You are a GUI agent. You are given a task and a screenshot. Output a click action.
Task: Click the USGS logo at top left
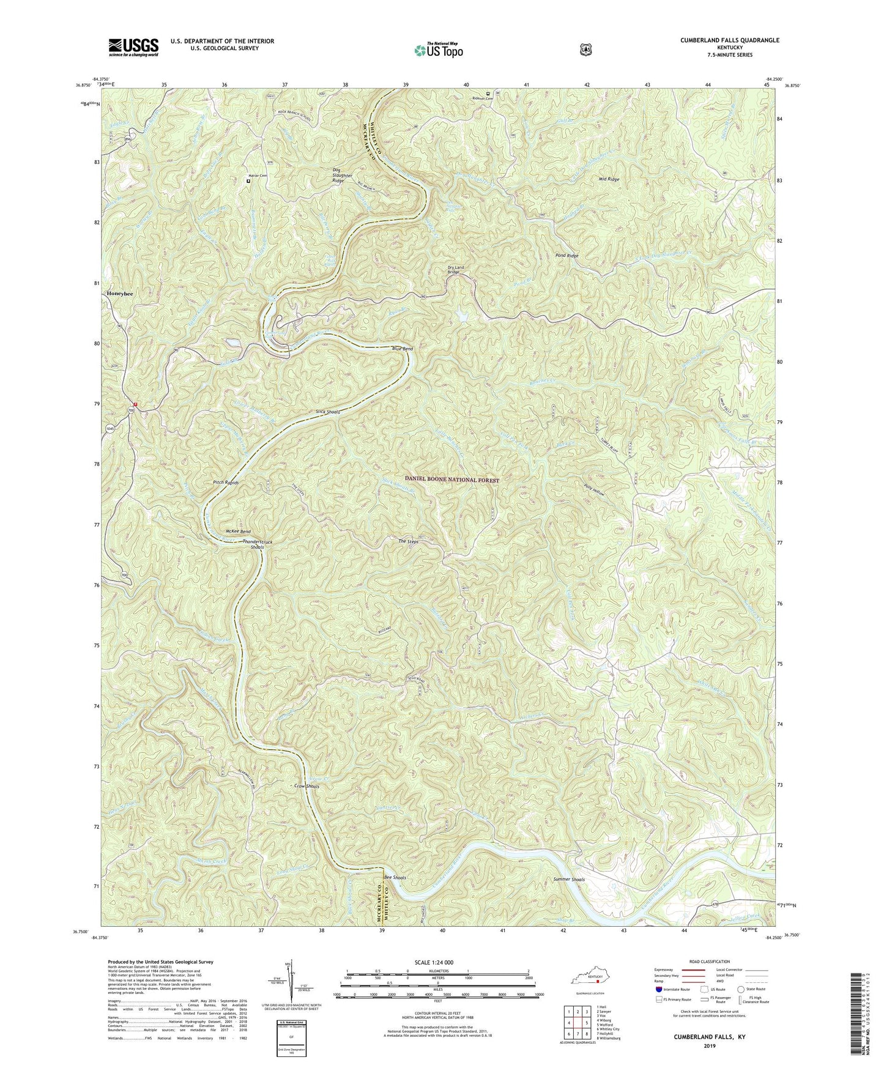coord(133,46)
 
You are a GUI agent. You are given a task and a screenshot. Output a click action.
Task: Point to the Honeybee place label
coord(121,294)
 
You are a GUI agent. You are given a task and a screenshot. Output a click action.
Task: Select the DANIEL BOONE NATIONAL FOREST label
coord(451,480)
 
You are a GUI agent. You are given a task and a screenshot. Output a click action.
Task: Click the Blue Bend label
coord(402,349)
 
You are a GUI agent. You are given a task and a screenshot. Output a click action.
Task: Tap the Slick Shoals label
coord(328,412)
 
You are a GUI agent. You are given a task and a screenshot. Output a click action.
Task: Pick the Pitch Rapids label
coord(226,483)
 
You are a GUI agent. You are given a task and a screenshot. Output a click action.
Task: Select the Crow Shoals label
coord(307,786)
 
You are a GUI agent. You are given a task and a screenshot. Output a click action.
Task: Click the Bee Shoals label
coord(395,878)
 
